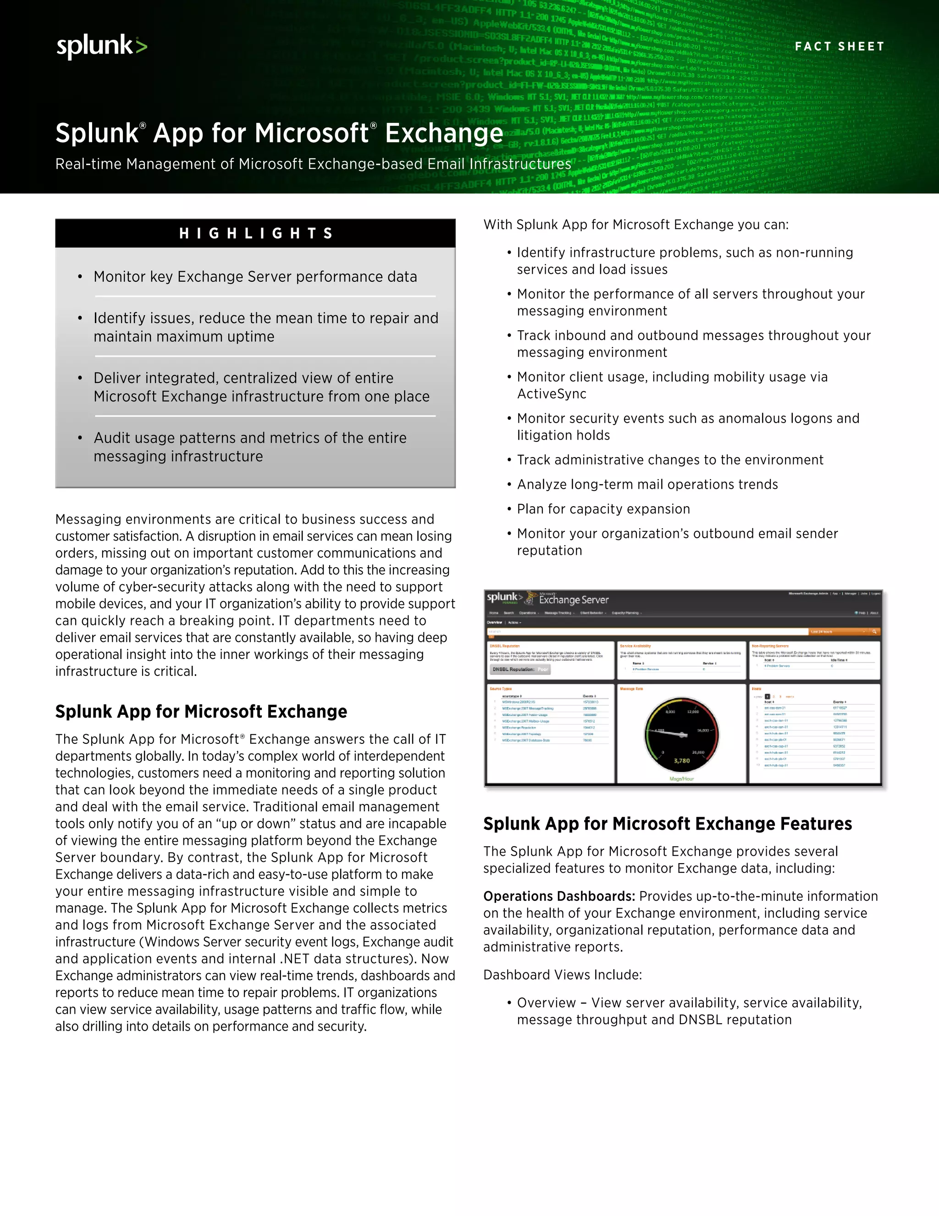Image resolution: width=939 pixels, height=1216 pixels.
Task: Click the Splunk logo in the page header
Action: [101, 46]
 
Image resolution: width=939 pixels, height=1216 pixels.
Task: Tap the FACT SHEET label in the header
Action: [839, 47]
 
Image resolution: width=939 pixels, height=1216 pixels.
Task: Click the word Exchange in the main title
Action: [444, 134]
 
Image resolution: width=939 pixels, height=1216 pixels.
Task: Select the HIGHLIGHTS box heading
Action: [255, 233]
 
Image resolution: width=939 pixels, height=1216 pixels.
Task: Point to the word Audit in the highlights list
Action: [112, 438]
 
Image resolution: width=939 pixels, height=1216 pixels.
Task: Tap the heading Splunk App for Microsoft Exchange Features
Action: [667, 824]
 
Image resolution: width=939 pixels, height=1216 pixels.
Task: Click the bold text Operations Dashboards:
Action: [558, 897]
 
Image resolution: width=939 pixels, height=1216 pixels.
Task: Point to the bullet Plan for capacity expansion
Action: [603, 509]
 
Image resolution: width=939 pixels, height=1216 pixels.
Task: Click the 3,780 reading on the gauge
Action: [681, 760]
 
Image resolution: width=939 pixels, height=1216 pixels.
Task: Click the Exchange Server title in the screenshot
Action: [574, 600]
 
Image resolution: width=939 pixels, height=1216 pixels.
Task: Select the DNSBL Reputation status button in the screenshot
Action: [519, 669]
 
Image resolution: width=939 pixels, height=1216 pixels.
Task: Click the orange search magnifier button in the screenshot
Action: [874, 632]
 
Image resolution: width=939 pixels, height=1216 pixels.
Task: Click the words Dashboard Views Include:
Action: [563, 975]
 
